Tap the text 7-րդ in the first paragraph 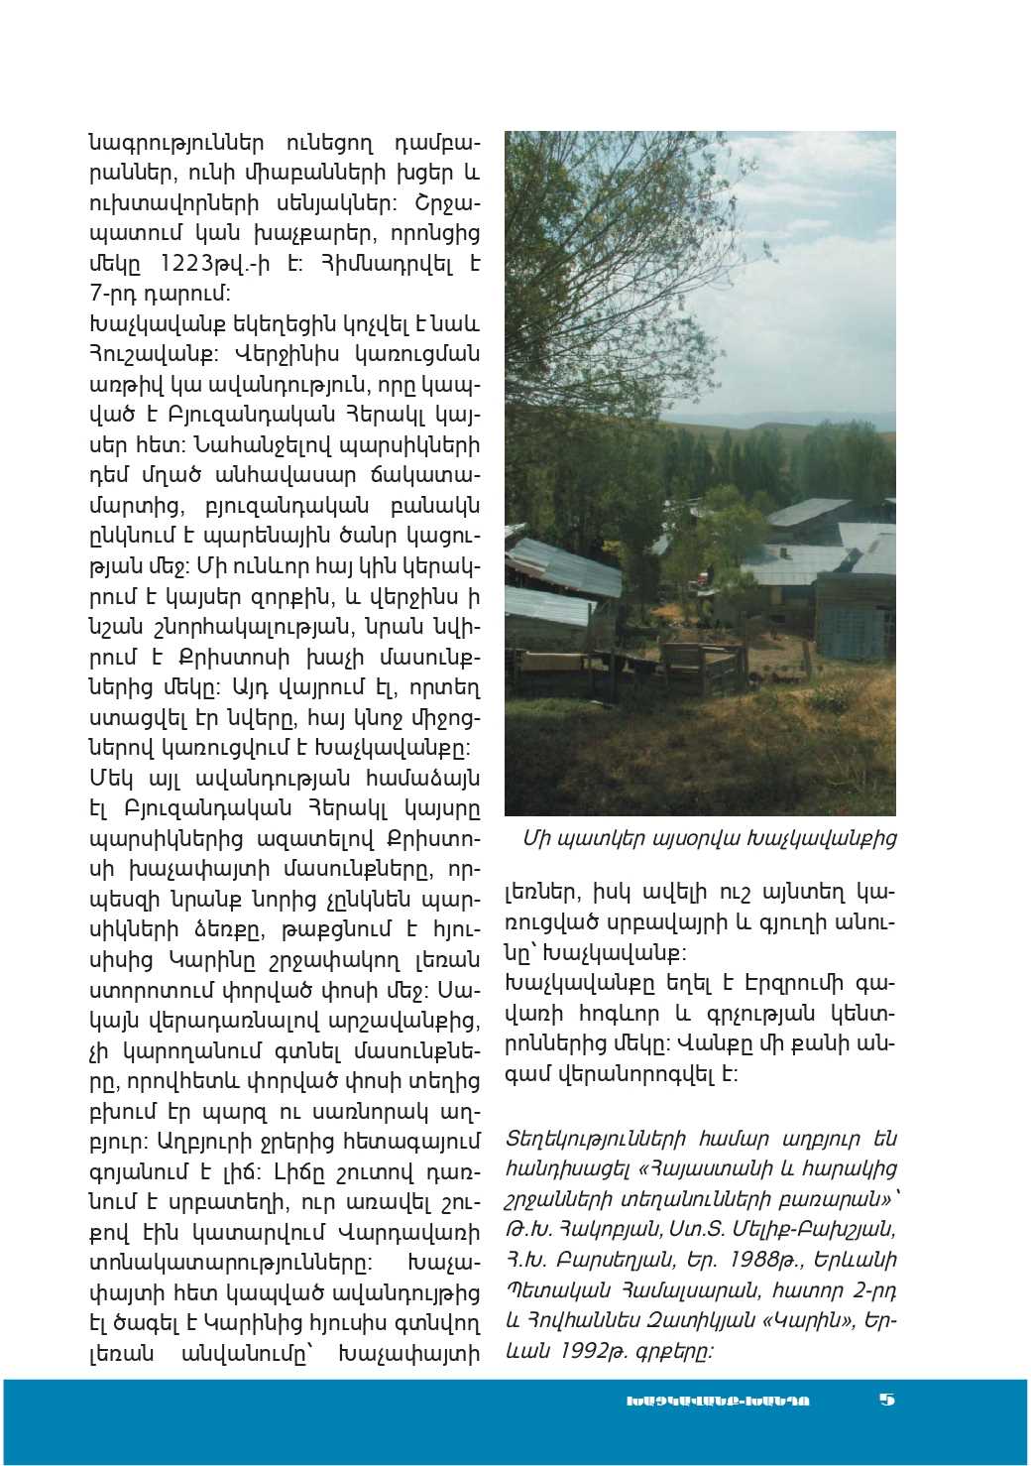(114, 294)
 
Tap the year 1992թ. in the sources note (599, 1350)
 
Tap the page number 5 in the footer (886, 1399)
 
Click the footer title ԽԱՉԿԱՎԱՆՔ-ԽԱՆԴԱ (718, 1401)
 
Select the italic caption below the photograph (709, 839)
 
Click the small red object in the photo (706, 575)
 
